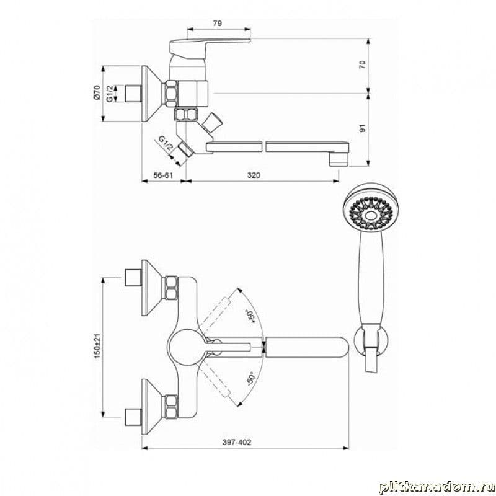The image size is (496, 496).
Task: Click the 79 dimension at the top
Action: coord(218,23)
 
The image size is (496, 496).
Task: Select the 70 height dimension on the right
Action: coord(363,64)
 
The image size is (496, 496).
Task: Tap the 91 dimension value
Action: coord(363,128)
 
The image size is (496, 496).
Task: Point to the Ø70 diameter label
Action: coord(97,93)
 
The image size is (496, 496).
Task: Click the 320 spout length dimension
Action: coord(254,175)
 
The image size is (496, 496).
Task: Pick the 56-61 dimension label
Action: coord(163,175)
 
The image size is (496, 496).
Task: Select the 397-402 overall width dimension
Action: coord(237,442)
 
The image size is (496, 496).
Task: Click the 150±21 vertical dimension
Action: coord(97,346)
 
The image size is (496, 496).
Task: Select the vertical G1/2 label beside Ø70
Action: coord(110,94)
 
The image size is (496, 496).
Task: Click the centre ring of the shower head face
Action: coord(369,216)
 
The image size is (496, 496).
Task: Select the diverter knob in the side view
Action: coord(212,122)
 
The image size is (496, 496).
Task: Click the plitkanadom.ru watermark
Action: coord(436,487)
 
